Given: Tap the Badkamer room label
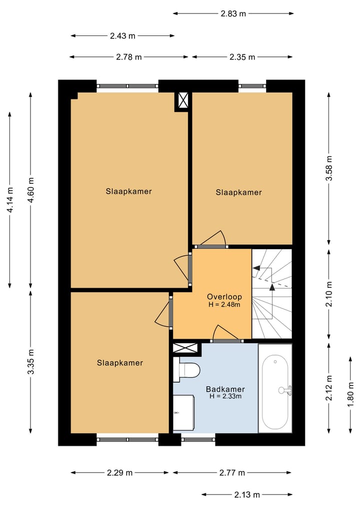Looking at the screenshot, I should [225, 389].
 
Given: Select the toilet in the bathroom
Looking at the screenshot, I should [188, 370].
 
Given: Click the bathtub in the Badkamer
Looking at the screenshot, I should [275, 392].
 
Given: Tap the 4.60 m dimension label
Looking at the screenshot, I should [31, 190].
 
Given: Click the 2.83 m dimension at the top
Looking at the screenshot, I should [233, 13].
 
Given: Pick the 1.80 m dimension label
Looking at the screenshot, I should [351, 395].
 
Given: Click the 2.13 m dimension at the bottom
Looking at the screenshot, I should [247, 495].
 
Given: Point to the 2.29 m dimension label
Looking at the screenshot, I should [119, 473].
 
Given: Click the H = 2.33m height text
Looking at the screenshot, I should [225, 397].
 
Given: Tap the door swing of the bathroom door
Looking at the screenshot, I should [221, 332].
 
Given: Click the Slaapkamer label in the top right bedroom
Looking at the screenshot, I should [238, 192].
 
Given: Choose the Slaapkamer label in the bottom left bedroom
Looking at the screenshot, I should [120, 363].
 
